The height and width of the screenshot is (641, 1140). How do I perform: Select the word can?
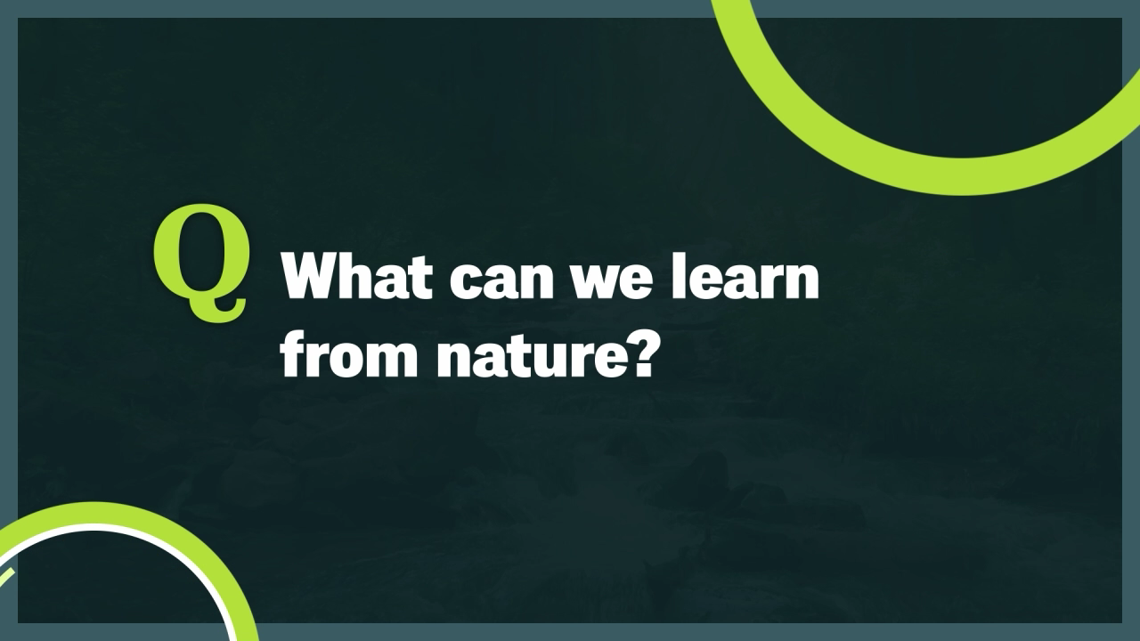tap(501, 280)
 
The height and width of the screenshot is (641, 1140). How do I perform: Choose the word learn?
tap(745, 275)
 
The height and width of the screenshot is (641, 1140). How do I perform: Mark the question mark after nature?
tap(639, 353)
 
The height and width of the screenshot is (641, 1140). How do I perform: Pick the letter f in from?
tap(294, 353)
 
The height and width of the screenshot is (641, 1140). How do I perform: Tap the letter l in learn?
tap(679, 275)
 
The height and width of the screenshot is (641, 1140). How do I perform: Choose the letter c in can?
tap(465, 281)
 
